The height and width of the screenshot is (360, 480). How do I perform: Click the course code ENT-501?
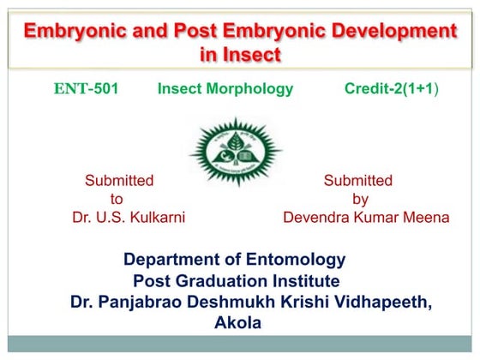pyautogui.click(x=85, y=89)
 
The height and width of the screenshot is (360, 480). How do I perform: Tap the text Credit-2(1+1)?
pyautogui.click(x=392, y=89)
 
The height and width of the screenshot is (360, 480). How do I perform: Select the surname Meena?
pyautogui.click(x=426, y=218)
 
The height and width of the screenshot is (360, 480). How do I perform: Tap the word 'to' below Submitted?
pyautogui.click(x=117, y=199)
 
